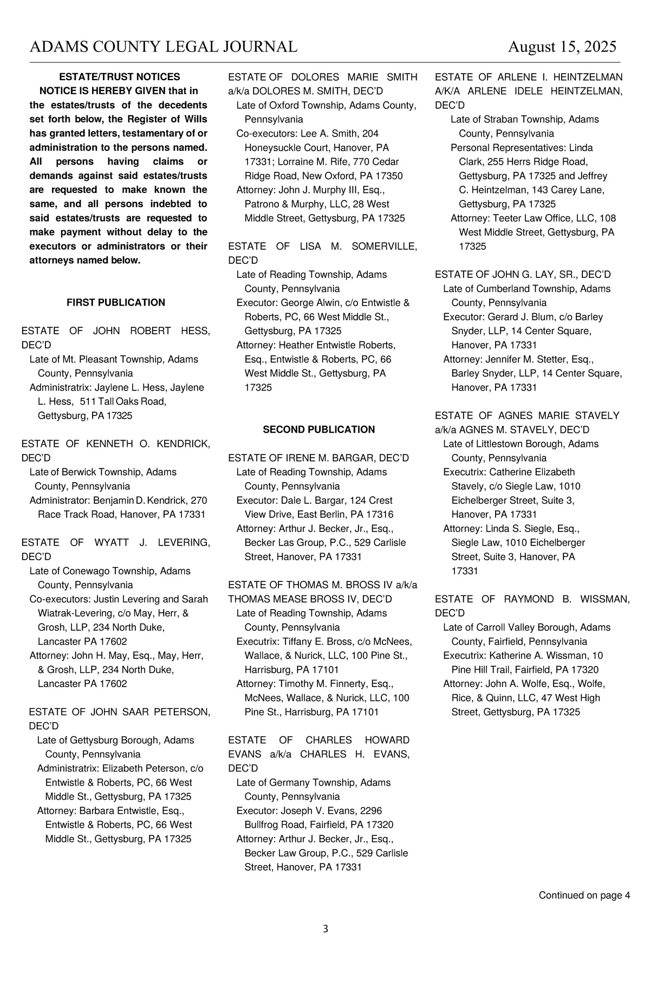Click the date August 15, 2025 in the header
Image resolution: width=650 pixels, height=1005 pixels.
[562, 47]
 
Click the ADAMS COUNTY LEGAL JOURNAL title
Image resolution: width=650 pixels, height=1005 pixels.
[163, 47]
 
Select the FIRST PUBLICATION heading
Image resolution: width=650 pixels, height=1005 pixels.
[116, 303]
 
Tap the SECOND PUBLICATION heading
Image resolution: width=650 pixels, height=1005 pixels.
[318, 430]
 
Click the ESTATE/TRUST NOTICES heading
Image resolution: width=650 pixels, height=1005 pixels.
[119, 77]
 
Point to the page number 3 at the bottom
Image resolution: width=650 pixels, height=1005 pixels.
[325, 929]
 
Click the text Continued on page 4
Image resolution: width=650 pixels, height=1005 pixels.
[584, 896]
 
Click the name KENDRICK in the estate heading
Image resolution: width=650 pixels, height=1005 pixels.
[183, 444]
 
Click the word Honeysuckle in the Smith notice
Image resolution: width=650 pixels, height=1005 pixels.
[270, 148]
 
